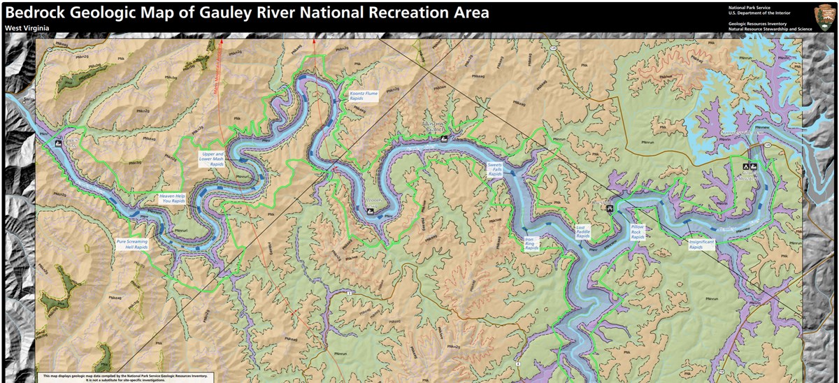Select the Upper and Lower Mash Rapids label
213,159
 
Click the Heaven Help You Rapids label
172,199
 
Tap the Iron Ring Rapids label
533,244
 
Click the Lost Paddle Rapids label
584,231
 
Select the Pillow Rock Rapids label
638,232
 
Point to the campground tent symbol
745,168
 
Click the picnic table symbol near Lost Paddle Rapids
611,208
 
